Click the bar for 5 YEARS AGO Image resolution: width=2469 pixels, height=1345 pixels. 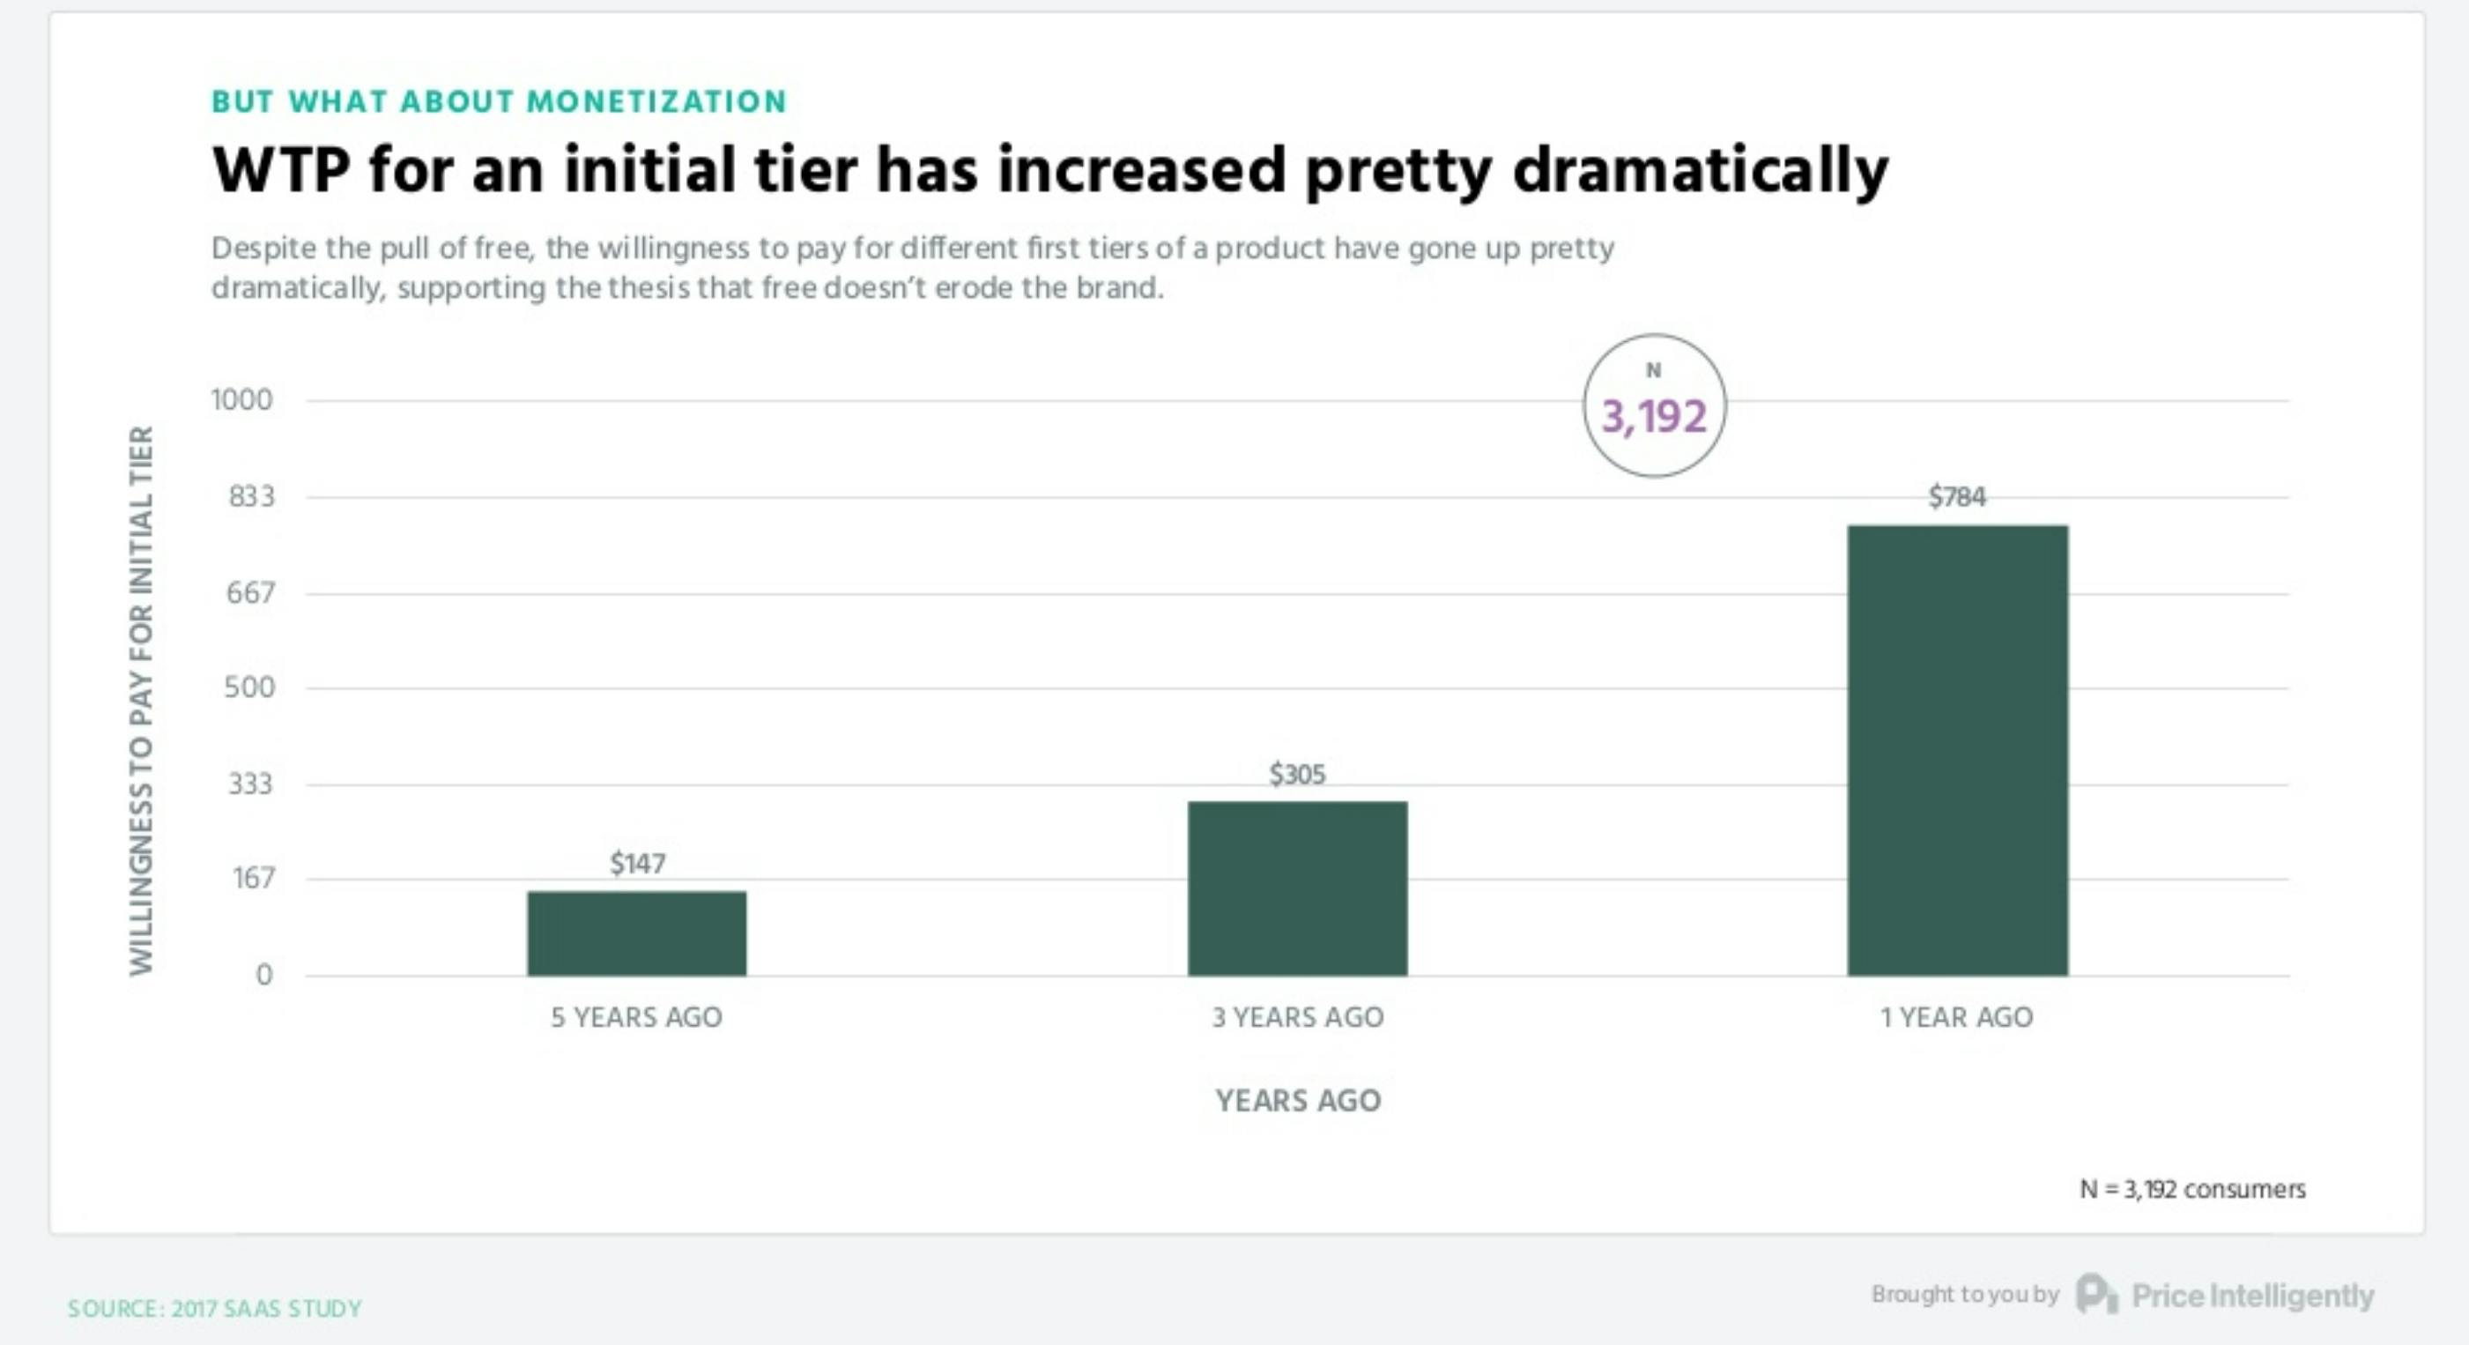tap(636, 933)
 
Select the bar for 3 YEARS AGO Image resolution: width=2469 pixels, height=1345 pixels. tap(1298, 888)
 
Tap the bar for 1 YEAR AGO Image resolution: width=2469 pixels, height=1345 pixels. tap(1957, 750)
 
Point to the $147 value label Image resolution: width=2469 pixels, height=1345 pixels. tap(637, 864)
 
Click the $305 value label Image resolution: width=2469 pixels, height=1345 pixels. tap(1298, 774)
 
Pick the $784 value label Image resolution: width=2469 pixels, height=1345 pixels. tap(1957, 496)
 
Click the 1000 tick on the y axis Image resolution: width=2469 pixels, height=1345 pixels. tap(241, 400)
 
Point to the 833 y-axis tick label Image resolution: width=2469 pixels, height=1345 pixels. tap(251, 496)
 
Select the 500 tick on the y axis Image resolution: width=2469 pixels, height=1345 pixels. tap(249, 687)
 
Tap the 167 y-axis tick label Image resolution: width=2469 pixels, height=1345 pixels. tap(254, 878)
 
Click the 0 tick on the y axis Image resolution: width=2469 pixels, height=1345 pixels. tap(263, 975)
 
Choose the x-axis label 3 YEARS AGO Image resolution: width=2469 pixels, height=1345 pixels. tap(1298, 1017)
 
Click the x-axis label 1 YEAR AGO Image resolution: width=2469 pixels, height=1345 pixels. tap(1956, 1017)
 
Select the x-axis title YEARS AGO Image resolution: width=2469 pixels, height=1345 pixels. tap(1298, 1101)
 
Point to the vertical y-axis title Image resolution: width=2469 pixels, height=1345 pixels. tap(141, 701)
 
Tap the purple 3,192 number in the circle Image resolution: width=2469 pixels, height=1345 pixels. tap(1654, 416)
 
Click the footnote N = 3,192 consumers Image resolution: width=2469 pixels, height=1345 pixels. tap(2192, 1189)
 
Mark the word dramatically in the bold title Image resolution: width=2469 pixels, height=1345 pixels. tap(1701, 171)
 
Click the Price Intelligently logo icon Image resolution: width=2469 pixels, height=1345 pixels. tap(2095, 1294)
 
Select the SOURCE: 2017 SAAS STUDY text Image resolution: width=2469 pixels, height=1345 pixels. tap(215, 1309)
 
